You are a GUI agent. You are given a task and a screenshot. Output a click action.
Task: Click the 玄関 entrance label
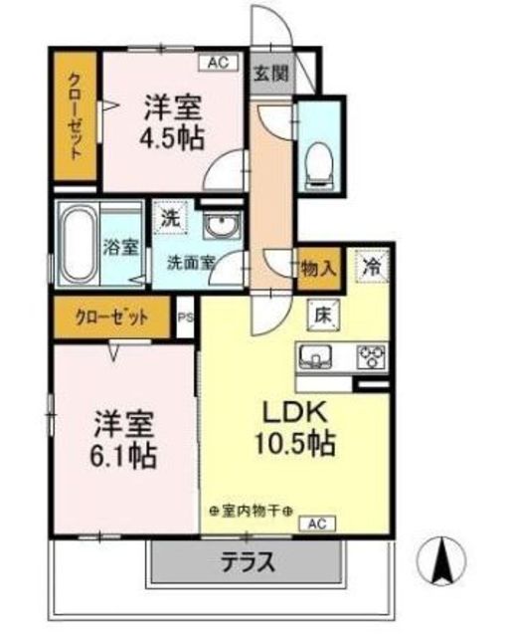271,75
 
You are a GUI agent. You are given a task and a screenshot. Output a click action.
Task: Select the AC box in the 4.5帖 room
219,63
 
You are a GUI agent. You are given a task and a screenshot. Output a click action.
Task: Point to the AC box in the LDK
317,524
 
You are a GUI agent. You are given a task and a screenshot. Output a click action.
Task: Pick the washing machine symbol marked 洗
170,219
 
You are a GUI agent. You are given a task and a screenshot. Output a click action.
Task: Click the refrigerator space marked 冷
372,267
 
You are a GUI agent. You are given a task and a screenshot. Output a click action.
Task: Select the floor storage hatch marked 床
323,316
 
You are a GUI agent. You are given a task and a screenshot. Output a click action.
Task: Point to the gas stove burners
371,356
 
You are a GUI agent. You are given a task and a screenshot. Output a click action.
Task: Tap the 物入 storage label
319,269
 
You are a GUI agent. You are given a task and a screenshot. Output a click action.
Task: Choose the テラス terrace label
248,562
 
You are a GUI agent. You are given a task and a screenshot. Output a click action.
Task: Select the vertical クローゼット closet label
76,115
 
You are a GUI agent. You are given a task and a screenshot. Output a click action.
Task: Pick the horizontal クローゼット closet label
112,318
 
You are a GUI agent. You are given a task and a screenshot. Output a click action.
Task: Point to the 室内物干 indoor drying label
252,511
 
